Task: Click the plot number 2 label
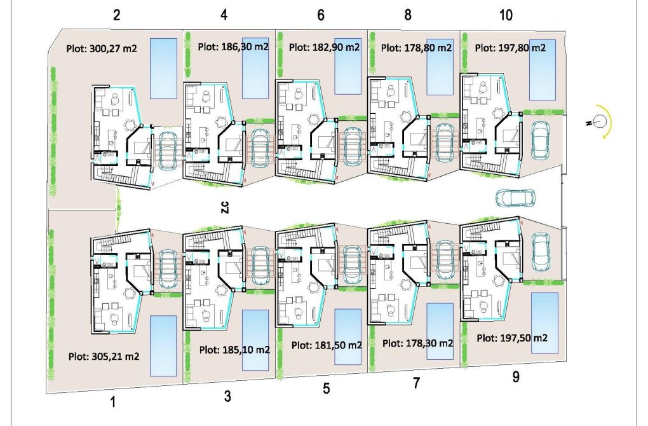[x=116, y=15]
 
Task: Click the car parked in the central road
[x=515, y=198]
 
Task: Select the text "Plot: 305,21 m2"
[x=104, y=356]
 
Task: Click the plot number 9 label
[x=516, y=377]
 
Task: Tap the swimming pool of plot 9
[x=544, y=322]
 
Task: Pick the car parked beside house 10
[x=541, y=139]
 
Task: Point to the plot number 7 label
[x=417, y=383]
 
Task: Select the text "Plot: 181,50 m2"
[x=327, y=345]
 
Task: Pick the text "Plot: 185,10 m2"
[x=234, y=349]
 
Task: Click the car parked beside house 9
[x=541, y=253]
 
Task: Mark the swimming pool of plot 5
[x=348, y=336]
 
